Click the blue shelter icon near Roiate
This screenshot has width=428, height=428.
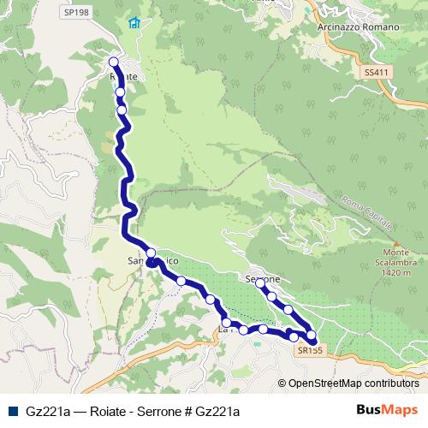(x=134, y=23)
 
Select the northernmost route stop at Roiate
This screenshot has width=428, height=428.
(x=114, y=61)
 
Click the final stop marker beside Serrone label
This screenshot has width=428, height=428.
(x=260, y=282)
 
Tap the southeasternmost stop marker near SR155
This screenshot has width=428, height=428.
(x=311, y=336)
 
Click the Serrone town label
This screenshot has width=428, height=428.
(x=264, y=279)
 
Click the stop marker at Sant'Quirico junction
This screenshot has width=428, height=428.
(x=151, y=253)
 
